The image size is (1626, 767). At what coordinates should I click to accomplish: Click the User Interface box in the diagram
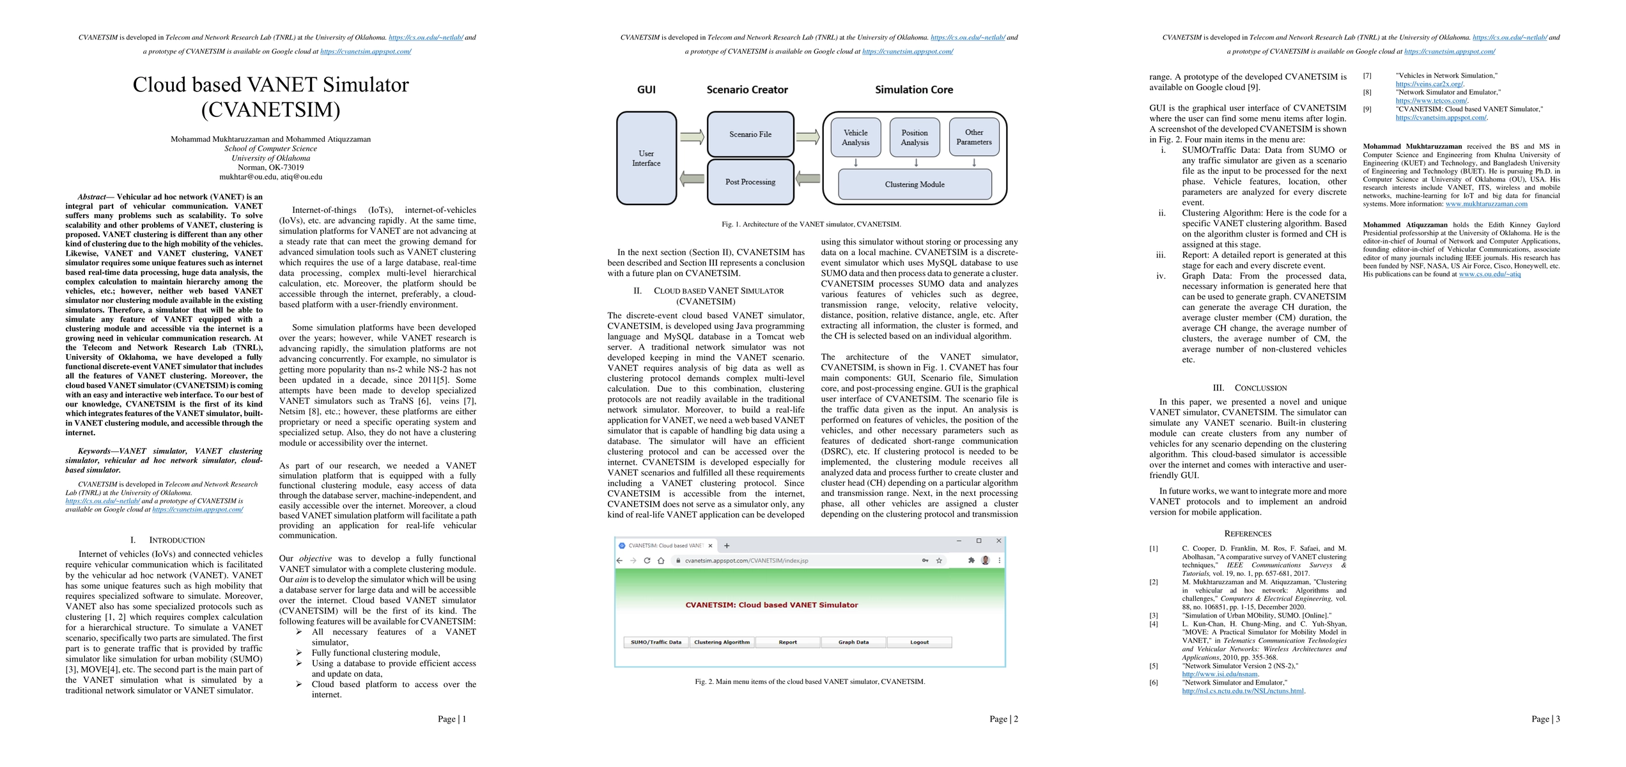[646, 159]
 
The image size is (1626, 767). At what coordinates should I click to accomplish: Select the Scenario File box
[750, 134]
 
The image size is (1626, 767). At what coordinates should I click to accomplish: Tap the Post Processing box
[750, 182]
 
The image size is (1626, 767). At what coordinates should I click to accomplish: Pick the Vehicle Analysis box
[855, 137]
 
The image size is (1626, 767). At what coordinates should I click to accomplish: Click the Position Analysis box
[915, 137]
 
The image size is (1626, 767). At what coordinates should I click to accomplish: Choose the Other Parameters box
[974, 137]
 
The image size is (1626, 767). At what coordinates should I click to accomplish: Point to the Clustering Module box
[915, 185]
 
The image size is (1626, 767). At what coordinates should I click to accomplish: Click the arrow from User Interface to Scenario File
[692, 136]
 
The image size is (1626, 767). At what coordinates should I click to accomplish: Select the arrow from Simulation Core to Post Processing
[809, 179]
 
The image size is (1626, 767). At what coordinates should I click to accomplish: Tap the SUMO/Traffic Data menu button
[656, 642]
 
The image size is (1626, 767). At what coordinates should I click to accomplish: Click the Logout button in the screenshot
[919, 642]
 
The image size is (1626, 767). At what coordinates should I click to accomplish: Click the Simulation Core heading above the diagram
[914, 90]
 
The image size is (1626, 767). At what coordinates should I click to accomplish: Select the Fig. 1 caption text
[811, 224]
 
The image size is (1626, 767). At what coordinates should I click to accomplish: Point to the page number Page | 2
[1003, 719]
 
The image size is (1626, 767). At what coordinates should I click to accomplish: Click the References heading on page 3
[1248, 534]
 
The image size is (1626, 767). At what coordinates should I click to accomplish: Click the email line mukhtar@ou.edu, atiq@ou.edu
[270, 177]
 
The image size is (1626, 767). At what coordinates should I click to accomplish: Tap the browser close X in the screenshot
[999, 541]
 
